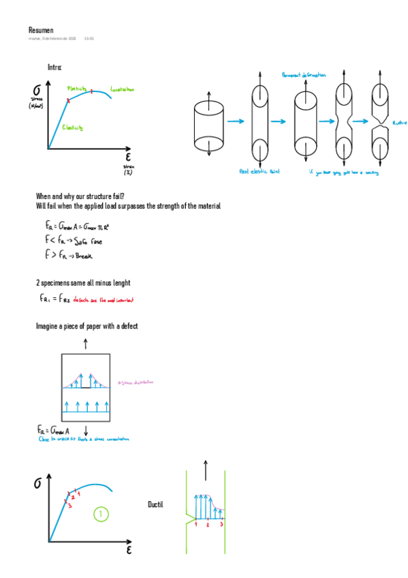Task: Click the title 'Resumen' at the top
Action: (x=41, y=30)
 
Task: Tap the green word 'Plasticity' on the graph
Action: (x=77, y=89)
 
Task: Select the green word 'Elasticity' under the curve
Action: (x=72, y=127)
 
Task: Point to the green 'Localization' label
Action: (x=122, y=89)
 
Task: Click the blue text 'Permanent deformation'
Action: (x=303, y=74)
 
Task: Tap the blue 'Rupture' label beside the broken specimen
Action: (x=399, y=123)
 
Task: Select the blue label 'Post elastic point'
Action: (x=259, y=171)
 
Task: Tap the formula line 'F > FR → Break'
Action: (x=68, y=255)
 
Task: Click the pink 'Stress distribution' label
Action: (x=136, y=383)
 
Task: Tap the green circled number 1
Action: (x=101, y=514)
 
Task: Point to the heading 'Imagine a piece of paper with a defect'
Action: (x=87, y=326)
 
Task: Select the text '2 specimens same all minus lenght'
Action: (x=83, y=282)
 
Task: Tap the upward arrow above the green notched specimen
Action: (x=205, y=470)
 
